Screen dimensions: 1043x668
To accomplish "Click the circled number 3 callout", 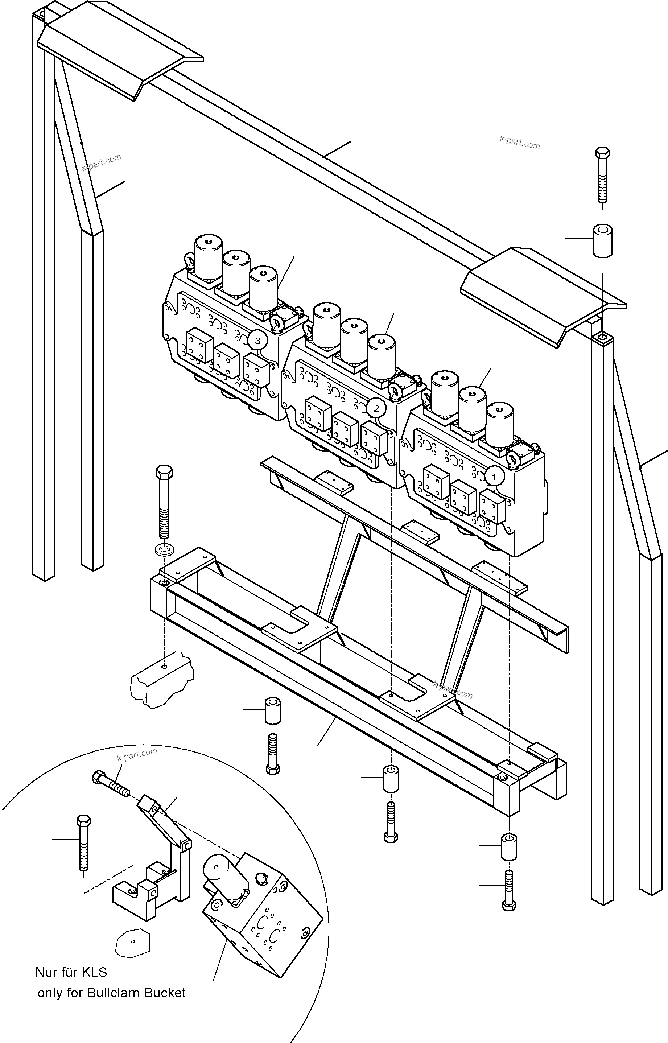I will tap(257, 341).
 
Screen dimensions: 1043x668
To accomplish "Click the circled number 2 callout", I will tap(376, 408).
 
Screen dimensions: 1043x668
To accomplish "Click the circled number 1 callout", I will tap(494, 477).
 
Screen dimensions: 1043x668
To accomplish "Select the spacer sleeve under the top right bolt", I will tap(602, 241).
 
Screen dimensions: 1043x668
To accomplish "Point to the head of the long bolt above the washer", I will tap(164, 472).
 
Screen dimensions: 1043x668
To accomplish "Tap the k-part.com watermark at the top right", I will tap(520, 142).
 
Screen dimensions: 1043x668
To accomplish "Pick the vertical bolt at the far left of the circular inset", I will tap(83, 842).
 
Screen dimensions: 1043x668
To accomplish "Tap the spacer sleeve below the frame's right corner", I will tap(509, 846).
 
